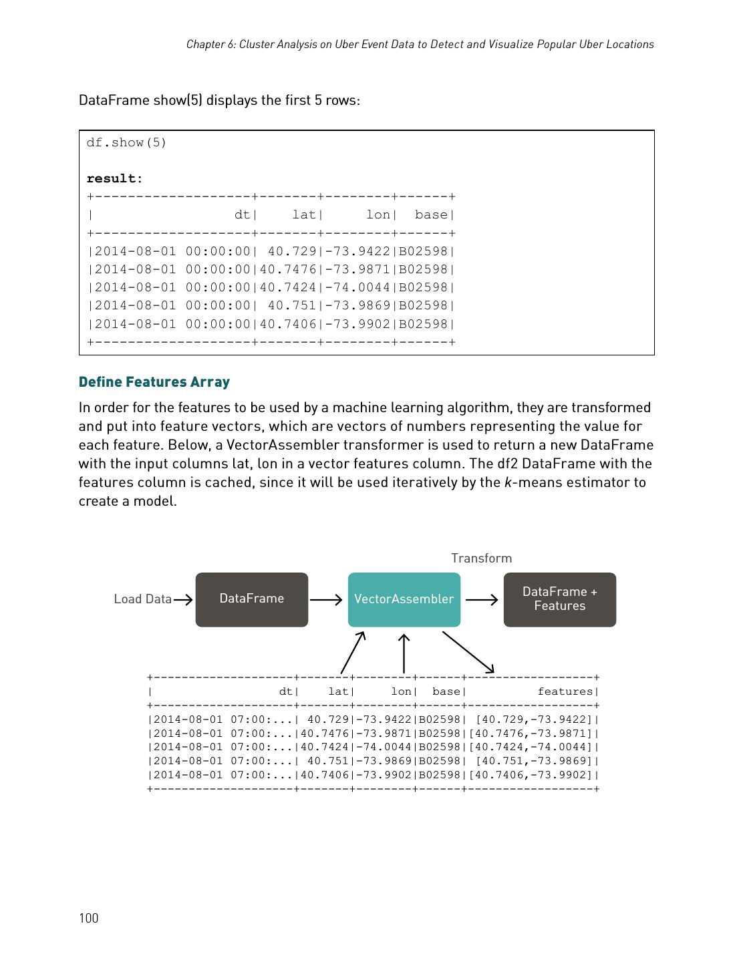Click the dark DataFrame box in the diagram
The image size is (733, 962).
coord(251,599)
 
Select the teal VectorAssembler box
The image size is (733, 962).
coord(404,599)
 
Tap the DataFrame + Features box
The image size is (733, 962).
coord(559,599)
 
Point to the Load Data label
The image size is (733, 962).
coord(142,599)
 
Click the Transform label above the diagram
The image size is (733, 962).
coord(481,558)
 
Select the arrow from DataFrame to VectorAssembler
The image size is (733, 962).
coord(327,600)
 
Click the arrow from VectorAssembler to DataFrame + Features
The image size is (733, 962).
coord(482,600)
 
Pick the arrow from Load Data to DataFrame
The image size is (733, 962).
coord(183,600)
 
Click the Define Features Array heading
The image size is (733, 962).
coord(154,382)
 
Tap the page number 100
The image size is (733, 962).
coord(88,918)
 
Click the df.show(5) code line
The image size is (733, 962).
coord(126,142)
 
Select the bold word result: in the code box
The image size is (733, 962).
coord(114,178)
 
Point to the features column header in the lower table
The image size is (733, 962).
coord(566,691)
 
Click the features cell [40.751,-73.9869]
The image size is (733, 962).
coord(534,761)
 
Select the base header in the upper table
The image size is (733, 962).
coord(431,214)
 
